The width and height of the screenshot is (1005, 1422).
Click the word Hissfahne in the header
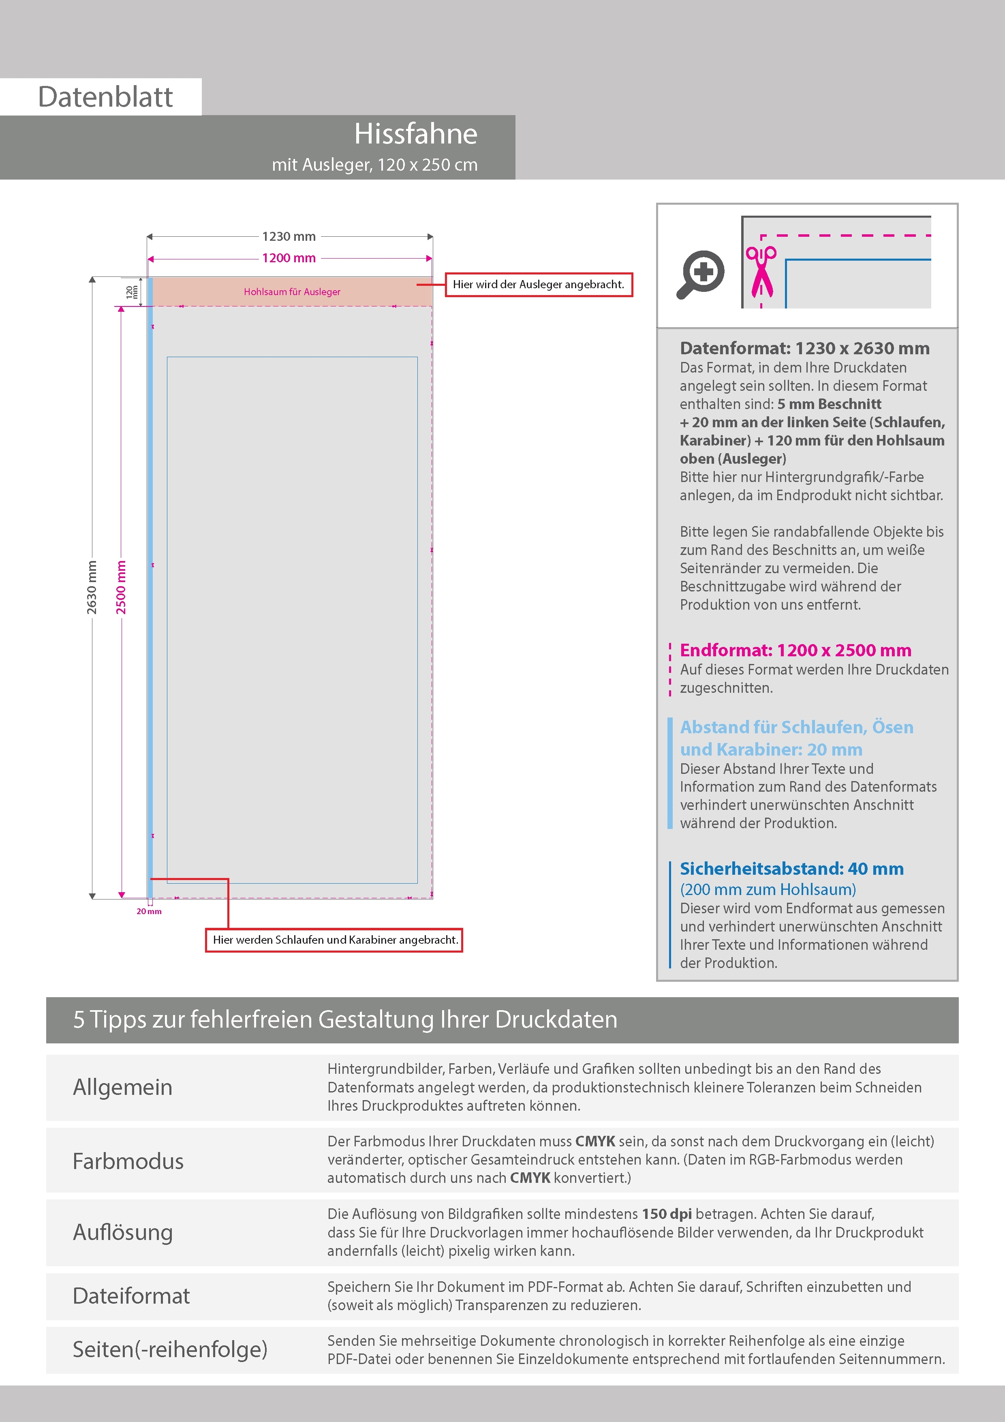(x=415, y=135)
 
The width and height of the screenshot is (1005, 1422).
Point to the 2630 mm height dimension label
(x=92, y=587)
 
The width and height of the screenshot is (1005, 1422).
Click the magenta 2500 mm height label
(x=121, y=587)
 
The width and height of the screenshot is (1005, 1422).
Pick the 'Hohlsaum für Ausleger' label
(x=292, y=292)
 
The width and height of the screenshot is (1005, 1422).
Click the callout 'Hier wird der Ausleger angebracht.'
(x=538, y=285)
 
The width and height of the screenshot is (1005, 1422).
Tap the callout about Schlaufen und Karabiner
(x=334, y=940)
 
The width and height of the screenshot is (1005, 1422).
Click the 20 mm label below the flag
(x=149, y=911)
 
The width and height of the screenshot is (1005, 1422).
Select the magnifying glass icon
(x=700, y=274)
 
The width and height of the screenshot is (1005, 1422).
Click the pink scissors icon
(x=761, y=271)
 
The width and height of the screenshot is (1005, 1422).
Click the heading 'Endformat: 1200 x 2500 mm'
(x=795, y=650)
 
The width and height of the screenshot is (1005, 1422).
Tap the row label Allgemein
(x=123, y=1087)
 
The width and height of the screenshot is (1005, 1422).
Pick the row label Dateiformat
(x=131, y=1296)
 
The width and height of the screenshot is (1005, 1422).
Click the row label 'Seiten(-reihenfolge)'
(x=170, y=1349)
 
